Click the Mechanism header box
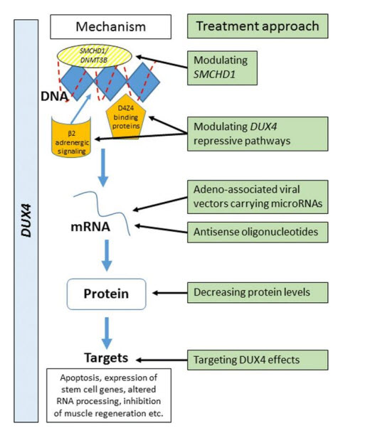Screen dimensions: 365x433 110,27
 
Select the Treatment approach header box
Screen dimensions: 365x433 258,26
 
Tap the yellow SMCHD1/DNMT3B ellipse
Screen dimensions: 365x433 94,55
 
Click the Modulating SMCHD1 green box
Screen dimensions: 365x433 222,68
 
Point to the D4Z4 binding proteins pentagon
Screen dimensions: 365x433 126,117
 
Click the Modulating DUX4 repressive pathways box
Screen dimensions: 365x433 258,134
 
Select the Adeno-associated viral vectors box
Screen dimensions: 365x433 258,197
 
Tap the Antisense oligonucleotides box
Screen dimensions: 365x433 258,232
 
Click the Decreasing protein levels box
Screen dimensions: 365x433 258,292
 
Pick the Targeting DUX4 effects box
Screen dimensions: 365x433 258,360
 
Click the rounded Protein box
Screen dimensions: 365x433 107,294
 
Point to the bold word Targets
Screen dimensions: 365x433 106,358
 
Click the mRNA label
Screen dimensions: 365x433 90,227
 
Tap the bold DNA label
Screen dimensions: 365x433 54,97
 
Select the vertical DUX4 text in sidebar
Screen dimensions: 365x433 26,220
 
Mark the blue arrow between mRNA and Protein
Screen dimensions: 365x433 107,255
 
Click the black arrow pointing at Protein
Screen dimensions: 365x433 170,293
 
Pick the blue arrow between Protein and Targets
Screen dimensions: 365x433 107,333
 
